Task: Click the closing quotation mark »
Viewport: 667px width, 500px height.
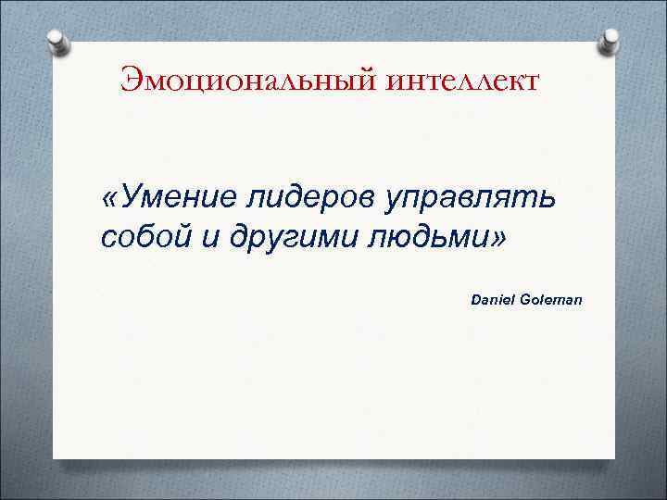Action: pos(500,239)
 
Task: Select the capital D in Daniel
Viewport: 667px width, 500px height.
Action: pos(477,301)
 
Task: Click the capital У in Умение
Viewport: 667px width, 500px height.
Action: pos(130,196)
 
